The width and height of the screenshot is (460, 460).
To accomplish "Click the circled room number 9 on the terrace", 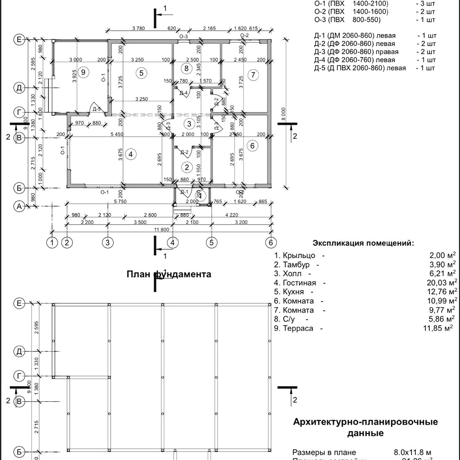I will point(83,72).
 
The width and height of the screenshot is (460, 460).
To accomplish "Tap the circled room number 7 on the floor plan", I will point(253,75).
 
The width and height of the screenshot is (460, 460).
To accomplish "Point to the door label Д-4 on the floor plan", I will point(184,93).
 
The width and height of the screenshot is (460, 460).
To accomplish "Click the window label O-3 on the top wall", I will point(184,36).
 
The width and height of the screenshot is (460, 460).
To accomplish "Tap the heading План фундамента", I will point(169,274).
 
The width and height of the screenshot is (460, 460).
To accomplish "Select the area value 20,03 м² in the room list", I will point(443,283).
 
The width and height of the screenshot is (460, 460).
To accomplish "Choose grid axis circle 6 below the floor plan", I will point(271,242).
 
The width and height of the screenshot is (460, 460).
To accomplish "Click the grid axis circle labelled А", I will point(19,207).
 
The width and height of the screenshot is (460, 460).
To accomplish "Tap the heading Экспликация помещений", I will point(363,243).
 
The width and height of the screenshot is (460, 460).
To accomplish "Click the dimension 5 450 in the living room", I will point(117,135).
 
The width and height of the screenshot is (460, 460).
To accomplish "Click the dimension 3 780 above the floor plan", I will point(139,29).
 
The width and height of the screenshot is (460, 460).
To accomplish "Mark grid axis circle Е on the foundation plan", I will point(19,303).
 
